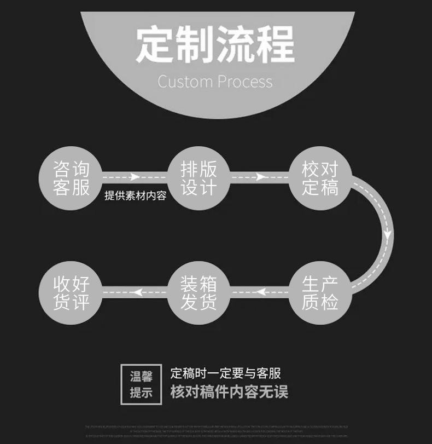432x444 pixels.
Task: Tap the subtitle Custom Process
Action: point(215,82)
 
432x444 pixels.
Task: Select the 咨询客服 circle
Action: point(72,178)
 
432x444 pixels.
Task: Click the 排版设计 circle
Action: point(199,178)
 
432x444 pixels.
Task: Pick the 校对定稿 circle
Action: point(320,178)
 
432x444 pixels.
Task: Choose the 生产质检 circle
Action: point(320,292)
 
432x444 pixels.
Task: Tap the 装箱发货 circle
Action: point(199,292)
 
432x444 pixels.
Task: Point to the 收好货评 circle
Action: point(72,292)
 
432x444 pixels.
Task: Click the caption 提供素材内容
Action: point(135,195)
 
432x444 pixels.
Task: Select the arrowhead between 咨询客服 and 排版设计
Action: point(135,177)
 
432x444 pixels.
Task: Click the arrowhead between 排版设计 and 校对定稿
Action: point(261,177)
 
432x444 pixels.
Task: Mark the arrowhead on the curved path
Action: point(387,235)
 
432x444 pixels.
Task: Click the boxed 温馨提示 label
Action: point(141,384)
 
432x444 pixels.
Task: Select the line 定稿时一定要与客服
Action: point(225,374)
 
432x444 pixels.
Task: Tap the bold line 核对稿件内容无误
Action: point(229,392)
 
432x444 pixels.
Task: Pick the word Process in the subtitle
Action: point(244,82)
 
